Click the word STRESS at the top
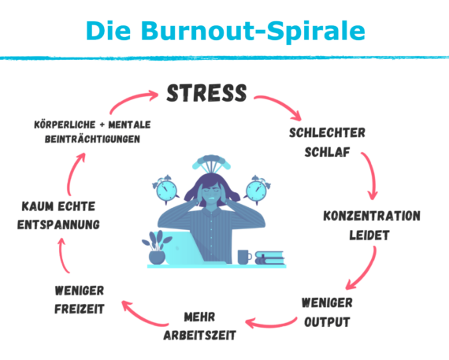coord(206,93)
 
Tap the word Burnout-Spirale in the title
coord(253,31)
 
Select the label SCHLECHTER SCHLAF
coord(327,143)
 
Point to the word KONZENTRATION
coord(372,216)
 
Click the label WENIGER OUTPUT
coord(327,313)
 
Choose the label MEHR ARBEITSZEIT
coord(199,326)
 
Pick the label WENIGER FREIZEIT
coord(80,300)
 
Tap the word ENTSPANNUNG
coord(58,225)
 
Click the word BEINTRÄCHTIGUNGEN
coord(92,139)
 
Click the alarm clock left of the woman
coord(165,189)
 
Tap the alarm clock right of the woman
coord(257,190)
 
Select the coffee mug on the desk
coord(244,257)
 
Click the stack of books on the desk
coord(269,258)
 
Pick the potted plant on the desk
coord(157,247)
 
